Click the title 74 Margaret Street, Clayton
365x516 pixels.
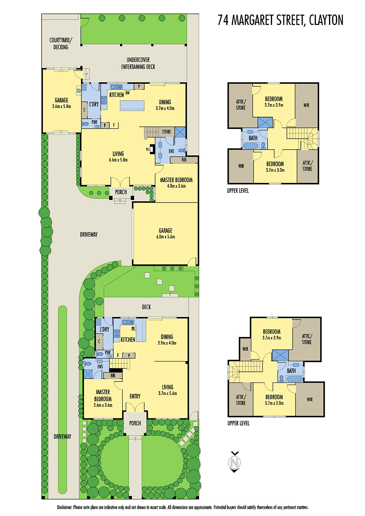click(280, 20)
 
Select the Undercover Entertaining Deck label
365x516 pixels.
click(138, 63)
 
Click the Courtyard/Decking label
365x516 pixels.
click(61, 44)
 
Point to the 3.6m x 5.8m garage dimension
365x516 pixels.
click(61, 106)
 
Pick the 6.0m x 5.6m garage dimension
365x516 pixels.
click(166, 237)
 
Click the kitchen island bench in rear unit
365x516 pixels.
click(132, 105)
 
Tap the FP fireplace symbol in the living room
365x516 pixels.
click(148, 149)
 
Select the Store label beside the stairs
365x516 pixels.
click(167, 132)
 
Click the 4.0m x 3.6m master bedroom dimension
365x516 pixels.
click(176, 186)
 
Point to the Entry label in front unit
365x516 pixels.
click(135, 396)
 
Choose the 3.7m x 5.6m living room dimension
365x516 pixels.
click(167, 393)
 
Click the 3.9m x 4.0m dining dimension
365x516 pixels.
click(167, 343)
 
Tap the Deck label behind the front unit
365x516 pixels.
click(146, 307)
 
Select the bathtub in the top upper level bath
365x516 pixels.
click(250, 146)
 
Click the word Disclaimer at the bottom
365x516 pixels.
click(65, 507)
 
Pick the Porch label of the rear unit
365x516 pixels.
click(121, 192)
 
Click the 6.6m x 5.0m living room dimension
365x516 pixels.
click(118, 160)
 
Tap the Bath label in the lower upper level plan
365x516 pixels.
click(291, 371)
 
